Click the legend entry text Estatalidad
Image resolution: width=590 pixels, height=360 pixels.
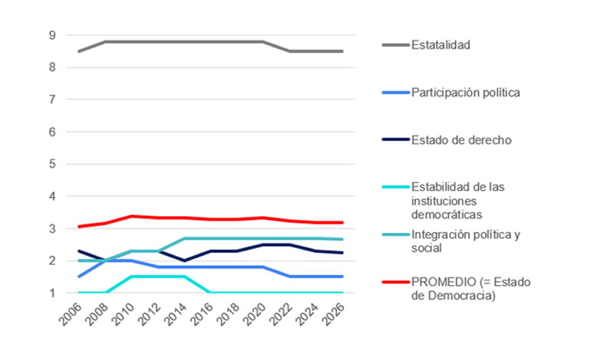point(440,44)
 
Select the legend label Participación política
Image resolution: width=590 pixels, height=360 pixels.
point(466,93)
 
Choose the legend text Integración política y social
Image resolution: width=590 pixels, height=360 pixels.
point(466,241)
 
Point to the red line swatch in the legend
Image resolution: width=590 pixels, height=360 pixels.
point(395,283)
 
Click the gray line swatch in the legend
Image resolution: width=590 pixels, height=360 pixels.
point(395,45)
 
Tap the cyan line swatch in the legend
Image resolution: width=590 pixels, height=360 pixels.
point(395,187)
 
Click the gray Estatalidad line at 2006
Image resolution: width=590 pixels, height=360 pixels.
point(79,51)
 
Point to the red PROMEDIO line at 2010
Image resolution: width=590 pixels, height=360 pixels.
point(132,216)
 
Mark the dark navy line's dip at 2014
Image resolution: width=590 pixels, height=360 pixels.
point(184,260)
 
